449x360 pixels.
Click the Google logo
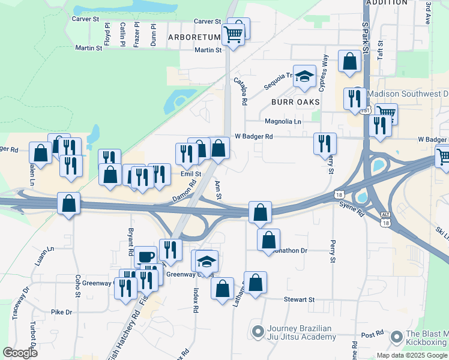point(20,353)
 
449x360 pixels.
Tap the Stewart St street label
point(299,299)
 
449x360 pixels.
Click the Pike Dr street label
point(61,312)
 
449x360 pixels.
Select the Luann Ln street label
point(50,257)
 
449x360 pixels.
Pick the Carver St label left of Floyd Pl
point(85,19)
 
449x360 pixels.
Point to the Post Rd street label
point(372,334)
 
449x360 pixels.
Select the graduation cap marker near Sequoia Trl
point(304,76)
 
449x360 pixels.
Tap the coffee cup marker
point(145,257)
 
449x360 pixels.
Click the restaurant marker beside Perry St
point(325,143)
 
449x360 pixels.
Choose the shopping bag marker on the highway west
point(69,203)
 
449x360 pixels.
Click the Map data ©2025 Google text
point(412,355)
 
